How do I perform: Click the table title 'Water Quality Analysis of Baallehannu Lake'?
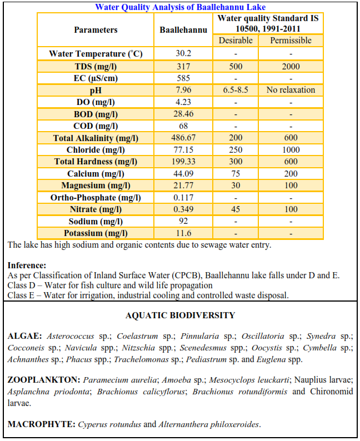(180, 7)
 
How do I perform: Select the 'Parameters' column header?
(96, 30)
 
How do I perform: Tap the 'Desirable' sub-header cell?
(236, 41)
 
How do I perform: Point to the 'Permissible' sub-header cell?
(291, 41)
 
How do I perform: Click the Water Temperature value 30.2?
(183, 54)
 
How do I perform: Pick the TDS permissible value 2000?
(291, 66)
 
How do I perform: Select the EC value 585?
(183, 78)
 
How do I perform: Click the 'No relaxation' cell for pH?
(291, 90)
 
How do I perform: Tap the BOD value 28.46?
(183, 114)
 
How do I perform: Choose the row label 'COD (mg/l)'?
(96, 126)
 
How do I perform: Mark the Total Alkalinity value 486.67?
(183, 138)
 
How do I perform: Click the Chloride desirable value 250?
(236, 150)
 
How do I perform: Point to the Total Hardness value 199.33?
(183, 162)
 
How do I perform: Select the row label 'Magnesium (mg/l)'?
(96, 186)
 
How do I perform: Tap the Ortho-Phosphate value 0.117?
(183, 198)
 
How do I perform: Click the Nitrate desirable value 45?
(236, 209)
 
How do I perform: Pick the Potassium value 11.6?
(183, 233)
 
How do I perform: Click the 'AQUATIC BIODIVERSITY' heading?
(180, 315)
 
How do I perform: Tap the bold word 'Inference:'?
(27, 265)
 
